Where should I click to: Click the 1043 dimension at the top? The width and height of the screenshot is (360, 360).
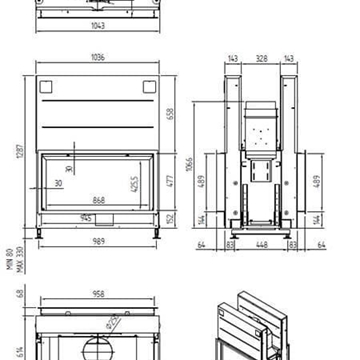[x=97, y=24]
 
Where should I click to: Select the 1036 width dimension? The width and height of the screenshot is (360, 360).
[x=97, y=59]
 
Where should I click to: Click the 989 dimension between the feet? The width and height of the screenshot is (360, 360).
[x=97, y=241]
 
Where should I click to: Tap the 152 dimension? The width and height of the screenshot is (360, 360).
[x=169, y=219]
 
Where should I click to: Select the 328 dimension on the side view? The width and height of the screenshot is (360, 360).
[x=261, y=60]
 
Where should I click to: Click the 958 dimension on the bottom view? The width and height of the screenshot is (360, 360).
[x=97, y=296]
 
